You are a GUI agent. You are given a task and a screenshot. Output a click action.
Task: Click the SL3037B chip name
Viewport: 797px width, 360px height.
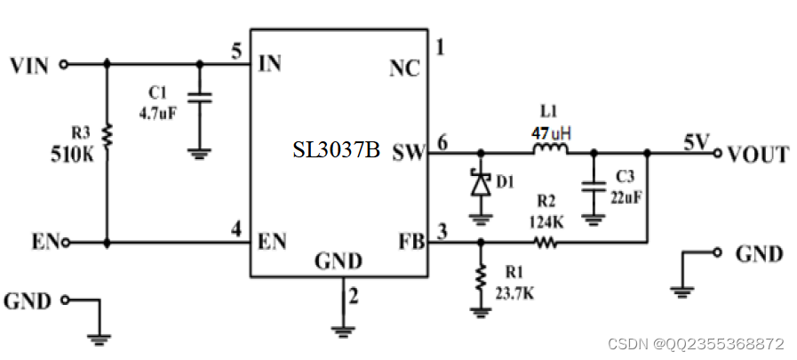pyautogui.click(x=337, y=150)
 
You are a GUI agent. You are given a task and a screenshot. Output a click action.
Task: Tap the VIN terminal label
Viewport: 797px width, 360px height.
pyautogui.click(x=28, y=65)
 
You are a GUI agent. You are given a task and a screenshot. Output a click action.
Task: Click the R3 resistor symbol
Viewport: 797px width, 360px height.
pyautogui.click(x=108, y=134)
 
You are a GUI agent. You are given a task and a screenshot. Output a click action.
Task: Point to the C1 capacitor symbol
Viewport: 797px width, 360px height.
pyautogui.click(x=199, y=100)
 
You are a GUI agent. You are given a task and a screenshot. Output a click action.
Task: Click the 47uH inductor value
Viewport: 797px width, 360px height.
pyautogui.click(x=551, y=133)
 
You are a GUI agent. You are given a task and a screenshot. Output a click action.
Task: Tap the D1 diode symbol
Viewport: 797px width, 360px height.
pyautogui.click(x=481, y=184)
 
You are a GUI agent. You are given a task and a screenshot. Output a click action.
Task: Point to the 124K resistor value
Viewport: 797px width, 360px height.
pyautogui.click(x=546, y=220)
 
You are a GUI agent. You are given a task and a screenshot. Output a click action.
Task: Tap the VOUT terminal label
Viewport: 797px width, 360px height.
pyautogui.click(x=757, y=155)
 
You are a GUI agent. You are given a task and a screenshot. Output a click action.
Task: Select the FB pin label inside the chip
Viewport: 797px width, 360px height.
pyautogui.click(x=410, y=241)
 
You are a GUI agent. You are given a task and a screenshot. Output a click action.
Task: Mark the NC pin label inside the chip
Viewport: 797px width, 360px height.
pyautogui.click(x=405, y=67)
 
